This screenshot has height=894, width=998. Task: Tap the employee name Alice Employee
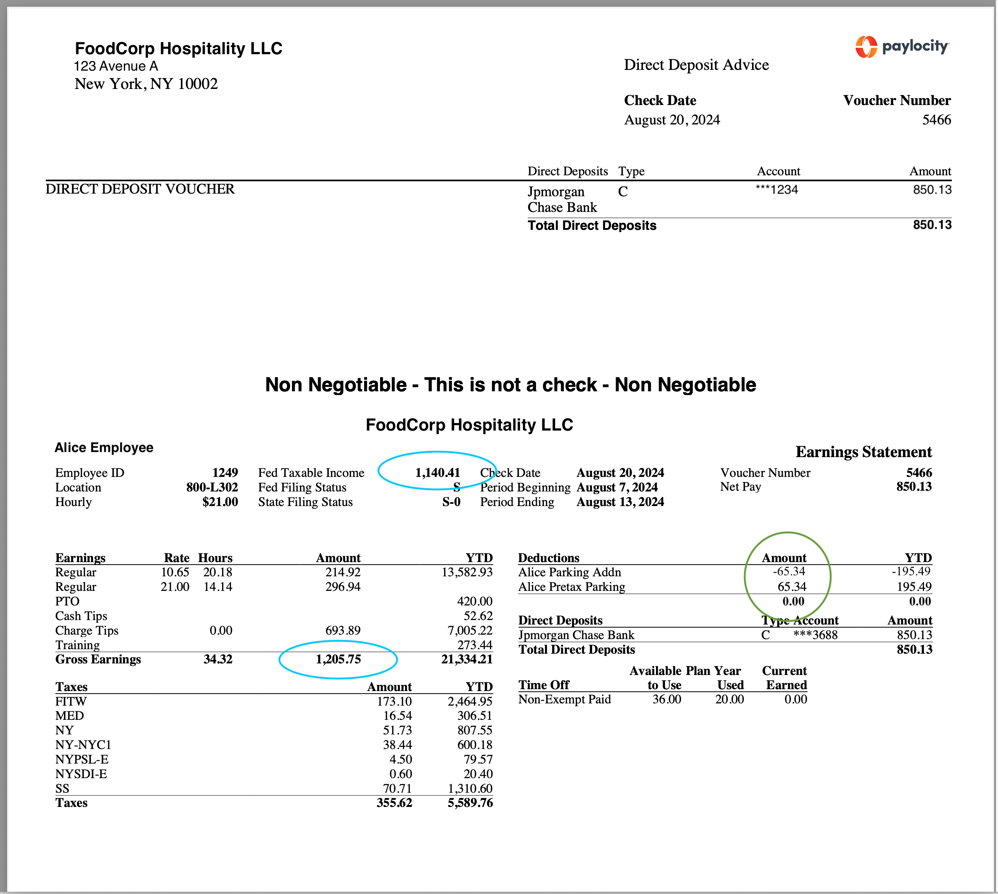(x=104, y=447)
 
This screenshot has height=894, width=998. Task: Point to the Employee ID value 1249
(x=225, y=472)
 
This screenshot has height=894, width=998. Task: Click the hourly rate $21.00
(x=220, y=502)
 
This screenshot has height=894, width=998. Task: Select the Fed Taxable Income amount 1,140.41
(x=437, y=472)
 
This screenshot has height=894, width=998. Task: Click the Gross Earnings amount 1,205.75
(x=338, y=659)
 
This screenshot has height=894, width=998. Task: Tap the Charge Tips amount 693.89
(x=343, y=630)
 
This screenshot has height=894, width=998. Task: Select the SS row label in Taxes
(x=62, y=788)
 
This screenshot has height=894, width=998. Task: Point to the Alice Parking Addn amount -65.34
(x=789, y=572)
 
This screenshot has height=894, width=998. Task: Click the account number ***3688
(x=815, y=635)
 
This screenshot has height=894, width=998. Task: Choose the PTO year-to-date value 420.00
(x=474, y=601)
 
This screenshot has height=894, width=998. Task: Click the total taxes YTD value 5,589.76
(x=470, y=803)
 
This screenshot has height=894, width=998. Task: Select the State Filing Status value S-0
(x=451, y=502)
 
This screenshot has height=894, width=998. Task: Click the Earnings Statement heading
(x=863, y=452)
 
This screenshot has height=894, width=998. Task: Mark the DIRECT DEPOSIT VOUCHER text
(x=140, y=189)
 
